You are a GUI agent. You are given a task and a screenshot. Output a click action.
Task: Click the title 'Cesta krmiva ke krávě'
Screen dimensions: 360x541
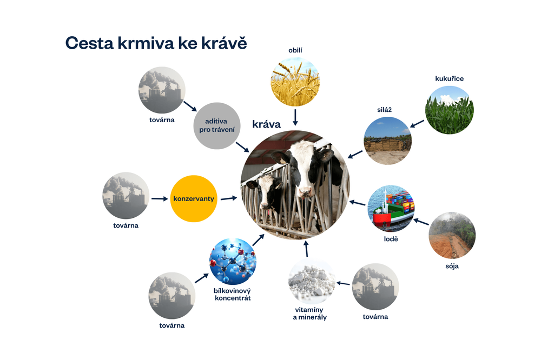[156, 43]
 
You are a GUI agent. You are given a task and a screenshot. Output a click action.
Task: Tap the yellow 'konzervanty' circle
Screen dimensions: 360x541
[194, 199]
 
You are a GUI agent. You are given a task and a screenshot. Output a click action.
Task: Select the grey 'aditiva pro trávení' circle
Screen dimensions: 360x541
[216, 125]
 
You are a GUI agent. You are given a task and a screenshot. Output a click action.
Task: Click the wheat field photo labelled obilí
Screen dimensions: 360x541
[295, 81]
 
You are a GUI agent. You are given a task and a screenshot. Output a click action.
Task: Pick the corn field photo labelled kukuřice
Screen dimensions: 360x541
[449, 111]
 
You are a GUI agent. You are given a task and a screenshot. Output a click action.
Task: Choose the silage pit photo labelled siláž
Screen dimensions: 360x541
[387, 141]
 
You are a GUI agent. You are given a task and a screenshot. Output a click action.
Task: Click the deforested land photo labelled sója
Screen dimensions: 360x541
[452, 235]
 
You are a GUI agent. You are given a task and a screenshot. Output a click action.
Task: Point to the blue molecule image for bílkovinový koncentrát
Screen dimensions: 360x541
[233, 262]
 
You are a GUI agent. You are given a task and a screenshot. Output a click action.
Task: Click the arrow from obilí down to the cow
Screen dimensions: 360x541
[295, 117]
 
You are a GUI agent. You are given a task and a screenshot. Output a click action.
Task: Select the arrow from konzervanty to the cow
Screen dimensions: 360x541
[229, 198]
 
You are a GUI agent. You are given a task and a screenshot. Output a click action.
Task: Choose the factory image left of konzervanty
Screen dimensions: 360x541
[126, 196]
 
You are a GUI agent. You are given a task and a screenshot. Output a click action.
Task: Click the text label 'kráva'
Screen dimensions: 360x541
[266, 124]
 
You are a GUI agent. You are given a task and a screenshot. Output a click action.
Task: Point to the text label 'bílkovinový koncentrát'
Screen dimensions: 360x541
[232, 294]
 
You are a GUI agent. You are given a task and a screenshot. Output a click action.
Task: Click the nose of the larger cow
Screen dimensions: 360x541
[305, 192]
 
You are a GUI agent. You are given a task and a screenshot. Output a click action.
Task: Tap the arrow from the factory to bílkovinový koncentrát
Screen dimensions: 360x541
[201, 278]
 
